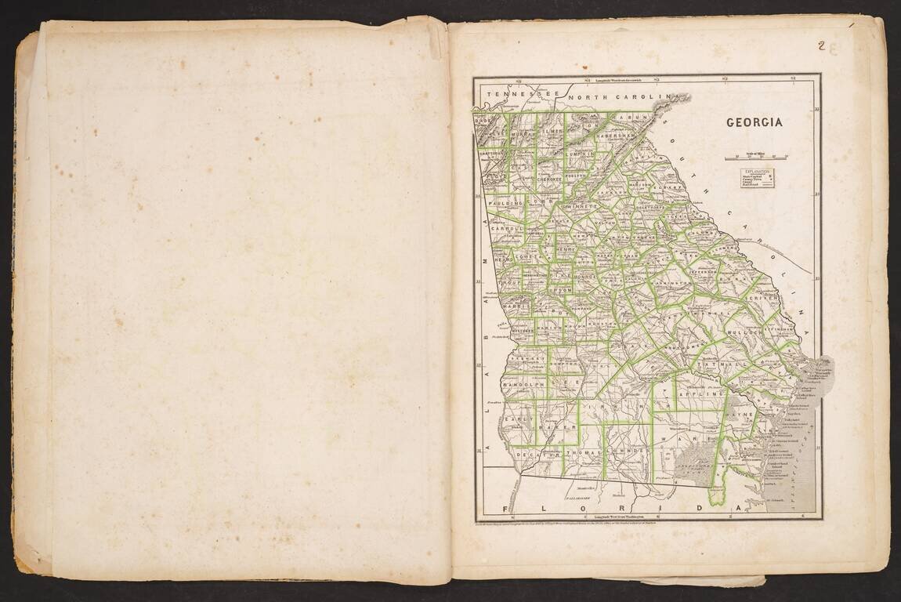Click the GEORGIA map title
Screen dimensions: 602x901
click(754, 122)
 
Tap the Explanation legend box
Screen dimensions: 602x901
click(757, 178)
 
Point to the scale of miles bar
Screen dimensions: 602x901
click(756, 158)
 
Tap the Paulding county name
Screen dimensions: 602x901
click(505, 203)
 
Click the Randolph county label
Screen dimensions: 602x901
click(523, 386)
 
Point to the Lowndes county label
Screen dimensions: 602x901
click(627, 451)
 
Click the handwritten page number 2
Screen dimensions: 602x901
click(821, 45)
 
